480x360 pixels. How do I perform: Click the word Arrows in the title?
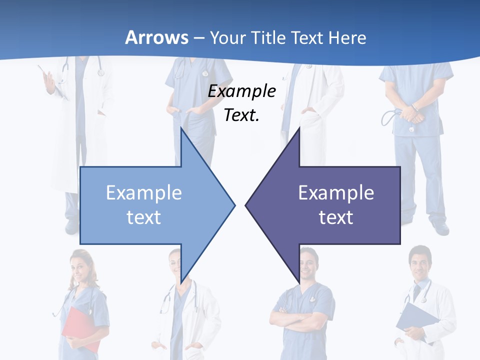(x=156, y=37)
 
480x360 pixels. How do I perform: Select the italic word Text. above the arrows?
(x=241, y=115)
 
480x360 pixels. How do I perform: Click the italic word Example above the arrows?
(x=241, y=91)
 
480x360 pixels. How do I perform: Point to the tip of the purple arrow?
(x=246, y=204)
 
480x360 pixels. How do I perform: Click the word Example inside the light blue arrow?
(x=144, y=192)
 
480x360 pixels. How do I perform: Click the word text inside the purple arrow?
(x=336, y=217)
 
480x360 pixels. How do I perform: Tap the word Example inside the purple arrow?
(x=336, y=192)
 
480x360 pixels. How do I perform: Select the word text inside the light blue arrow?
(x=144, y=217)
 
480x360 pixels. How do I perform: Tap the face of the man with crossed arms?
(x=309, y=265)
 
